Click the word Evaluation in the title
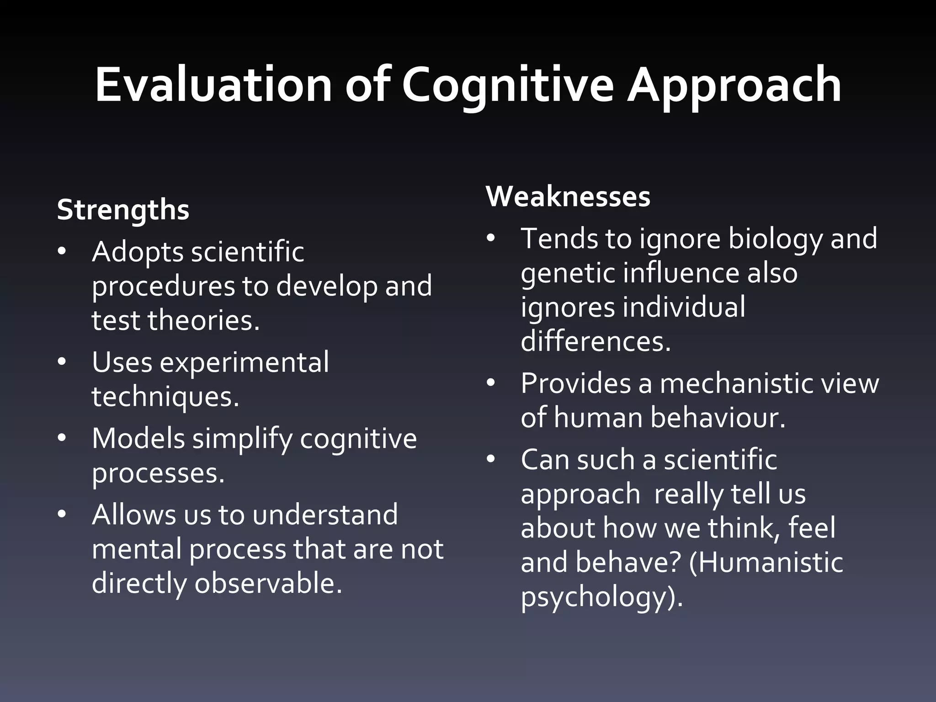[x=213, y=85]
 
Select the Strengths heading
[x=123, y=210]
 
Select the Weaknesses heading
[x=568, y=197]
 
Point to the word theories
[x=203, y=320]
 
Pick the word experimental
[x=244, y=362]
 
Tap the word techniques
[x=165, y=397]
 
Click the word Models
[x=138, y=438]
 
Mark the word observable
[x=268, y=583]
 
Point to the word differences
[x=596, y=341]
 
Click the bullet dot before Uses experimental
[x=62, y=362]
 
